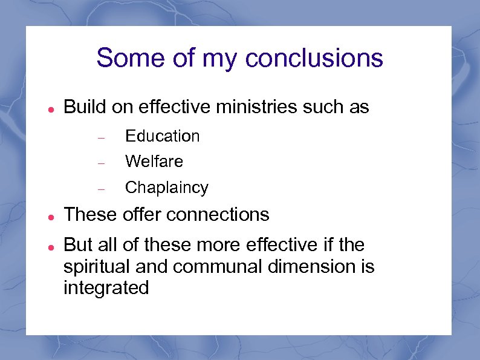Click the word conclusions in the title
[314, 58]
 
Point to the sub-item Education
[162, 136]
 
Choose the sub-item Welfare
[154, 162]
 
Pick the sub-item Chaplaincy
[166, 188]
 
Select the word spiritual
[99, 266]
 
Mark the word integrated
[106, 287]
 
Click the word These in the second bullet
[90, 214]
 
